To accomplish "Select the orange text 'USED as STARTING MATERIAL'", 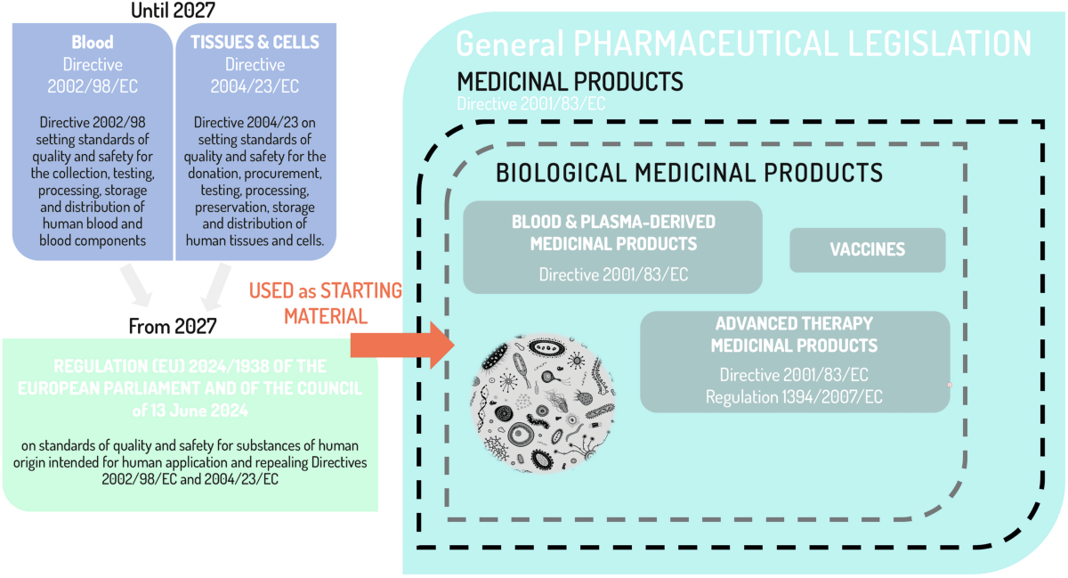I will click(325, 303).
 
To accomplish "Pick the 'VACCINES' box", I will click(867, 249).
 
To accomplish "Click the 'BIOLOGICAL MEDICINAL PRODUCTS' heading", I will click(689, 172).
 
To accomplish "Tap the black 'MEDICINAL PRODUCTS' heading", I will click(570, 82).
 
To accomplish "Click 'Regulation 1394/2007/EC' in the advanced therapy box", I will click(794, 397).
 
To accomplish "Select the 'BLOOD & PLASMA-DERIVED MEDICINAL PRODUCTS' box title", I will click(613, 232).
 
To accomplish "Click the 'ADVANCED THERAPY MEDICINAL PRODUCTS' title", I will click(794, 334).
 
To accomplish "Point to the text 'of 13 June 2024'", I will click(190, 411).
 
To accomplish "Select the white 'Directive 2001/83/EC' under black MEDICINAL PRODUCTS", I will click(531, 103).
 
